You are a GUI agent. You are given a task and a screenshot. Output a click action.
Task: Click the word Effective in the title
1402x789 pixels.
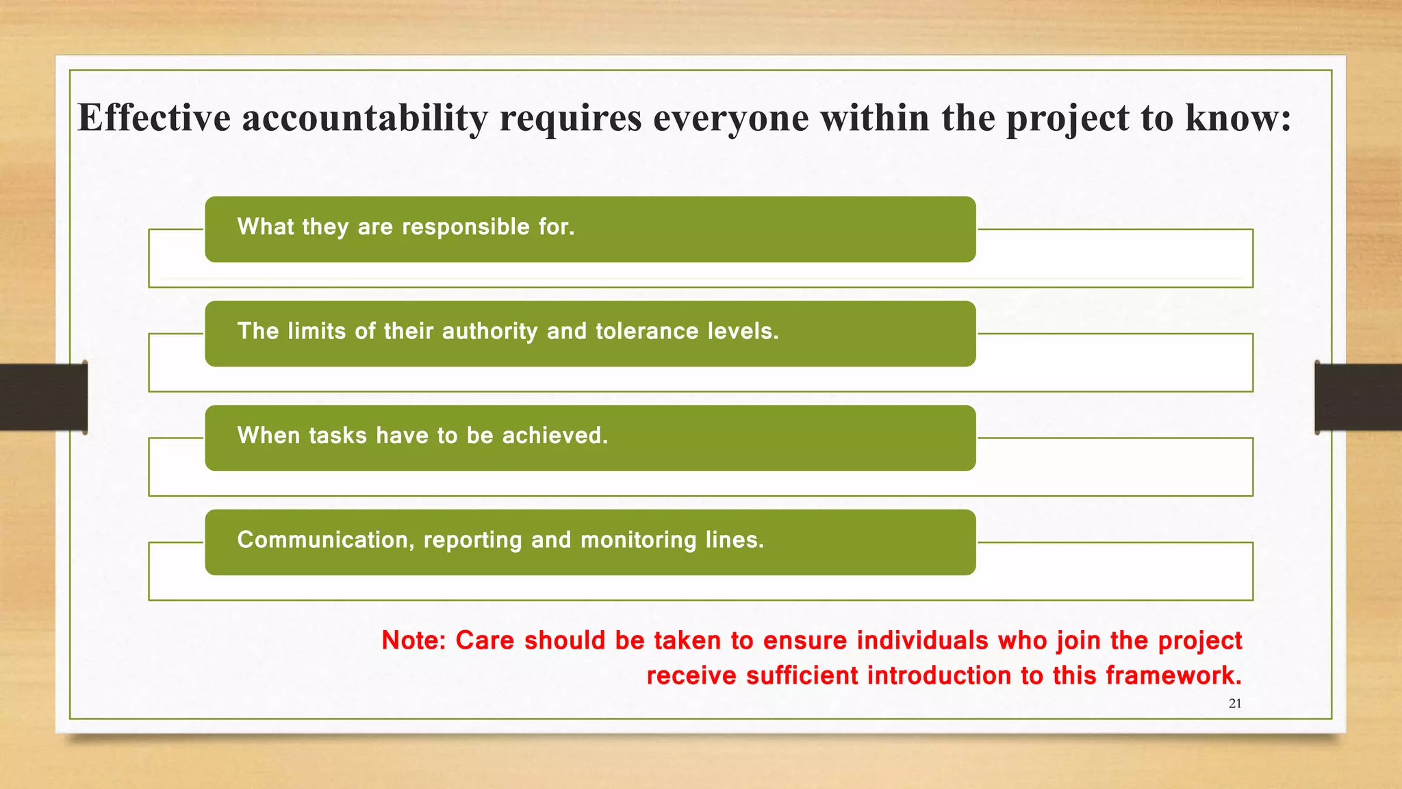[x=154, y=117]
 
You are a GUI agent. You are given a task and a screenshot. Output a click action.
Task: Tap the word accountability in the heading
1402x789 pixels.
[x=364, y=117]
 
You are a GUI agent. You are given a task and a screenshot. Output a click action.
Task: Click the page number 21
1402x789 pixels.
[x=1235, y=703]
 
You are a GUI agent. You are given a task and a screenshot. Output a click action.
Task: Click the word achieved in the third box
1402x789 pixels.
[x=555, y=436]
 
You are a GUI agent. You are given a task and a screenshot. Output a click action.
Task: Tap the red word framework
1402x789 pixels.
[x=1173, y=676]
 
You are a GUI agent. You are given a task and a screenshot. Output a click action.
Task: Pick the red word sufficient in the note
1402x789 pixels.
[x=802, y=676]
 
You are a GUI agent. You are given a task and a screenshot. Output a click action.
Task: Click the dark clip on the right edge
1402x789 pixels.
[x=1358, y=397]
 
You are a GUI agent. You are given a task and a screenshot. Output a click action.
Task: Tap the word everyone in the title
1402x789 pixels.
[x=730, y=117]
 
